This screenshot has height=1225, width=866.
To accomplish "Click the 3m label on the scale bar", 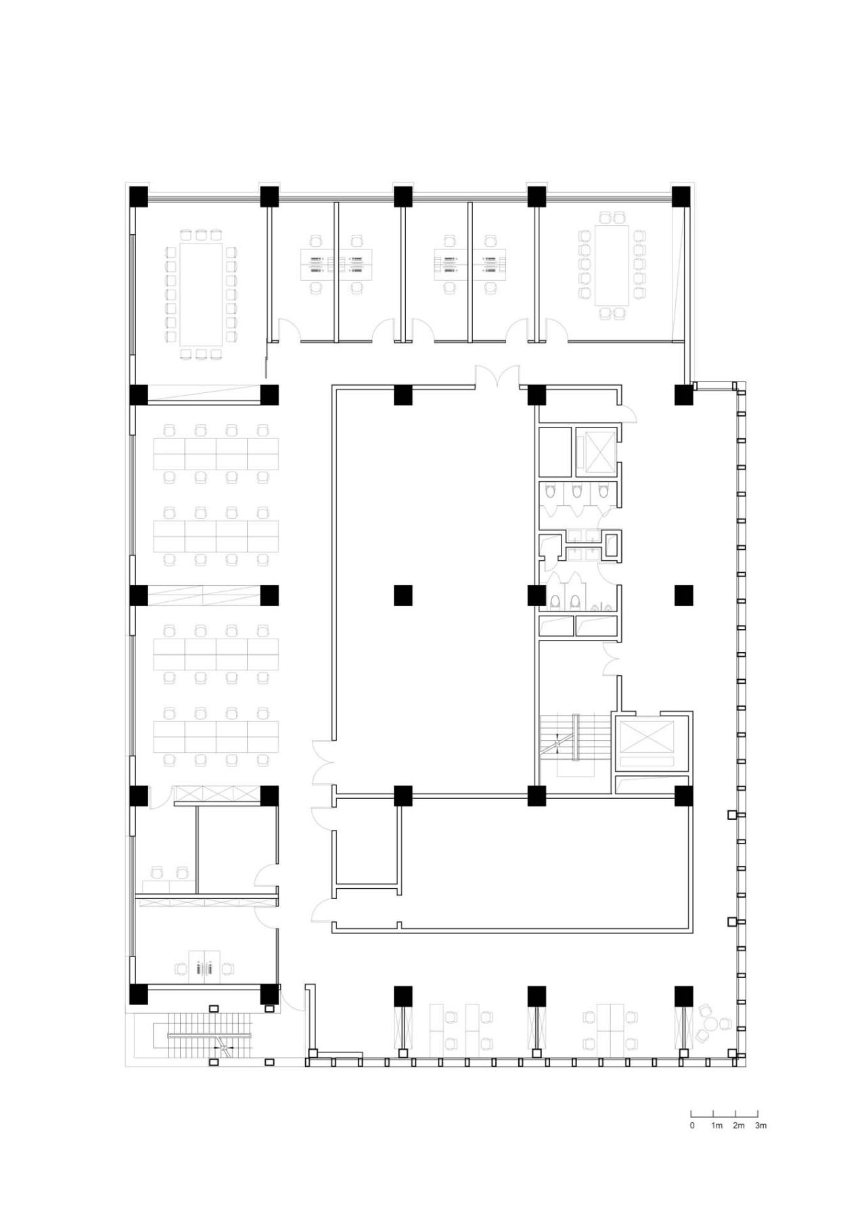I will click(760, 1126).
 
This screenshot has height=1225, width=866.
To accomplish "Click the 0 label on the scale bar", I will click(692, 1126).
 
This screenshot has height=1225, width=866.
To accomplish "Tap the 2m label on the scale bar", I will click(738, 1126).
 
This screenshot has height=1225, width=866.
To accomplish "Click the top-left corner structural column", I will click(138, 196).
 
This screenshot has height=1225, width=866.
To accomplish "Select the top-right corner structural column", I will click(681, 196).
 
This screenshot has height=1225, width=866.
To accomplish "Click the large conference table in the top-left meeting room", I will click(200, 294).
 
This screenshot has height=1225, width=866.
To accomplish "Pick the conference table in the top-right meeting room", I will click(612, 265).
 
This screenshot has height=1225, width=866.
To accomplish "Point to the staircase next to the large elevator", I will click(567, 744).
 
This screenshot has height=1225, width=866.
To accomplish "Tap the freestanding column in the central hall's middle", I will click(403, 595).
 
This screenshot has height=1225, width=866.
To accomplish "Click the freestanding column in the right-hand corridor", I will click(683, 595).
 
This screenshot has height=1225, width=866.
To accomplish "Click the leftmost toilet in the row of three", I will click(549, 492).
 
